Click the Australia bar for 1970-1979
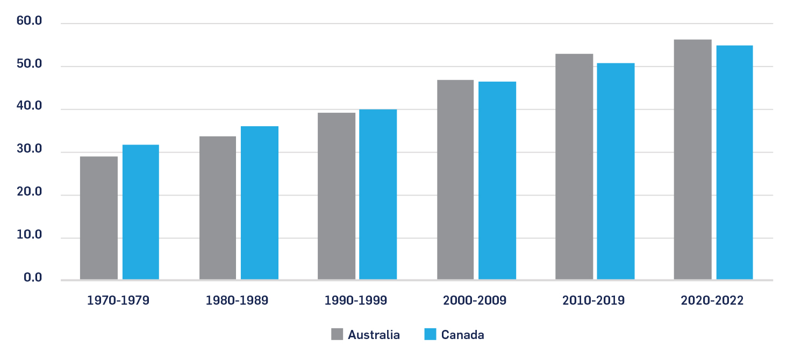99,218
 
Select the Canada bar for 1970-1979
141,212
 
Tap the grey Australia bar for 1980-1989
218,207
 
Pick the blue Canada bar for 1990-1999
378,194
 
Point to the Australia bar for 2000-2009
455,179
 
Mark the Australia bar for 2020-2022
692,159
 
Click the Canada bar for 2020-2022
734,162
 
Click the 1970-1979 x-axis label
118,300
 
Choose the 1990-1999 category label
356,300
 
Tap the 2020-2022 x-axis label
712,300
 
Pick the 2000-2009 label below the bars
475,300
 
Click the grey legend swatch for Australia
337,334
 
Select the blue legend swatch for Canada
430,334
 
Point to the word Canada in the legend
462,335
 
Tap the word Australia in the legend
374,335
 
